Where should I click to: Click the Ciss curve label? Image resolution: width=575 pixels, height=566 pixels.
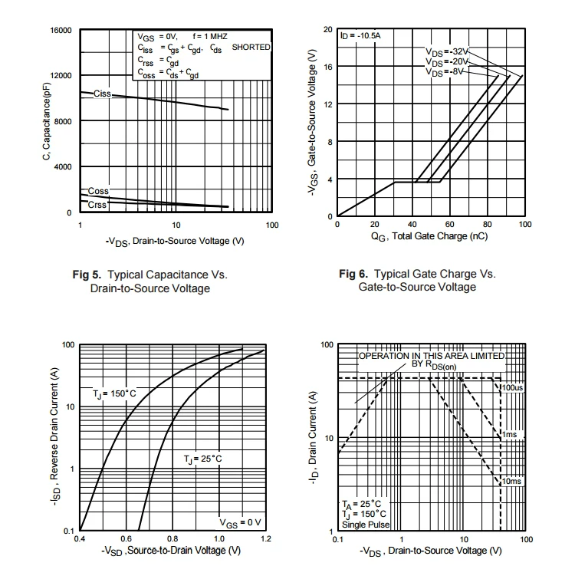[102, 94]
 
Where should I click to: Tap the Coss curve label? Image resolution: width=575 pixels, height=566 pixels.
[97, 191]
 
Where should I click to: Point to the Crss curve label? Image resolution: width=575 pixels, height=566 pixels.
[97, 205]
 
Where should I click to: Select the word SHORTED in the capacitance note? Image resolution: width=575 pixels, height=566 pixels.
[251, 47]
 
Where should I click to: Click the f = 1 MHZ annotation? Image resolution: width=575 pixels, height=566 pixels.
[210, 36]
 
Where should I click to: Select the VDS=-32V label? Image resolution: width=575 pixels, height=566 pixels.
[446, 51]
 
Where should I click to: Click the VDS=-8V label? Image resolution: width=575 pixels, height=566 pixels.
[445, 72]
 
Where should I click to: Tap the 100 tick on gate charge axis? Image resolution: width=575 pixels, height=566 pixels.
[524, 224]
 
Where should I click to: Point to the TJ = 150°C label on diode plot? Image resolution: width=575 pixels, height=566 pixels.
[114, 393]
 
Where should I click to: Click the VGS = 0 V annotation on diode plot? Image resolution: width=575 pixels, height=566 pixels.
[240, 522]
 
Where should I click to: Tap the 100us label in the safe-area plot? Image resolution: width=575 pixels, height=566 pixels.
[512, 387]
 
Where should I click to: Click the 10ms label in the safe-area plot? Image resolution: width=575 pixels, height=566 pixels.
[511, 481]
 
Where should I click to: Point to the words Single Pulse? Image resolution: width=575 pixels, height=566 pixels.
[366, 525]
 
